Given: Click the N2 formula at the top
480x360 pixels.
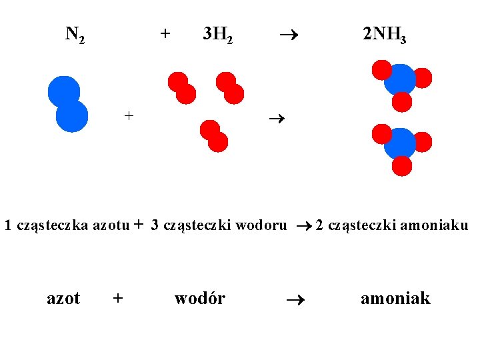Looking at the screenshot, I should pyautogui.click(x=75, y=34).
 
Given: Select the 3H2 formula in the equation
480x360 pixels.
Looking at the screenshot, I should pyautogui.click(x=217, y=34).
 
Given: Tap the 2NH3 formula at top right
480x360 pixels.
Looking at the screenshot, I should pyautogui.click(x=384, y=34).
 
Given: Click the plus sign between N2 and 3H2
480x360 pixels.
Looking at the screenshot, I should pyautogui.click(x=165, y=32).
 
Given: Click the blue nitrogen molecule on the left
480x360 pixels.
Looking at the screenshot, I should pyautogui.click(x=67, y=104).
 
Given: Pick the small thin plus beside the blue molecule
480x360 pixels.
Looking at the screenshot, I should pyautogui.click(x=129, y=115).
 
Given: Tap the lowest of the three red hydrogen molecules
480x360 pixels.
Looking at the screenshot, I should pyautogui.click(x=214, y=135).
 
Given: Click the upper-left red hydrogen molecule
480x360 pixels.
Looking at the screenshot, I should pyautogui.click(x=181, y=87).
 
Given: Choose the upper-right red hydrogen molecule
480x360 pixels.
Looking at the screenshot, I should pyautogui.click(x=229, y=87).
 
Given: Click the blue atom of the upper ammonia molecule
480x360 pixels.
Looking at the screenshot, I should pyautogui.click(x=401, y=79).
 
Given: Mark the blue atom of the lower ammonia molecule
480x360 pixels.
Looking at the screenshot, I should pyautogui.click(x=401, y=143).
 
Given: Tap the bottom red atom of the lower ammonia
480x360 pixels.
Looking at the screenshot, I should pyautogui.click(x=401, y=165).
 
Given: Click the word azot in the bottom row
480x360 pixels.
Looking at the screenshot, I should pyautogui.click(x=63, y=298).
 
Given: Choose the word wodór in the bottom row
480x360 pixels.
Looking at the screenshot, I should pyautogui.click(x=199, y=298).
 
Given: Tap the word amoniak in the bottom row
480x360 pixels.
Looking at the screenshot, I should pyautogui.click(x=395, y=298).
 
